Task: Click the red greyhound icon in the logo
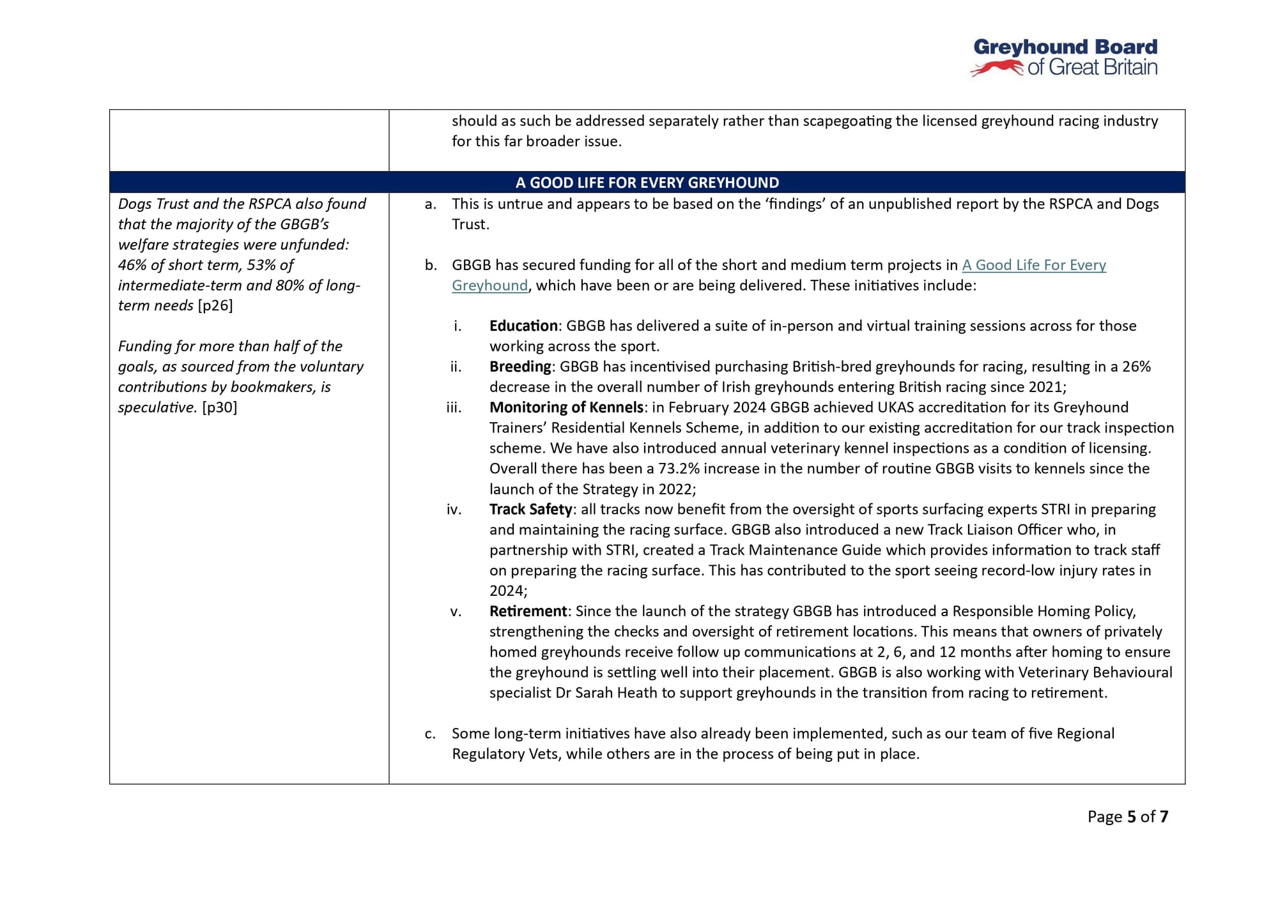click(x=997, y=68)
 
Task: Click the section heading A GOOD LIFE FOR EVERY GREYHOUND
click(x=647, y=183)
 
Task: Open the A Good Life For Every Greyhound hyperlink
click(x=1033, y=265)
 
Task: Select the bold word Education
click(x=523, y=326)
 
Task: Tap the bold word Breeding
click(x=520, y=367)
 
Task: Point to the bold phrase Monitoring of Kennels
click(x=566, y=407)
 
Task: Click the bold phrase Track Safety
click(x=530, y=509)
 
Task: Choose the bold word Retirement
click(x=528, y=611)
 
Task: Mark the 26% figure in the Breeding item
click(x=1136, y=367)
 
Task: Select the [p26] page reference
click(x=215, y=305)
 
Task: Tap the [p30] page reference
click(x=219, y=407)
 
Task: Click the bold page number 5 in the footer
click(x=1132, y=817)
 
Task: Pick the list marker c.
click(x=430, y=734)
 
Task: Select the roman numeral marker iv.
click(x=454, y=509)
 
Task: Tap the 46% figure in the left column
click(x=132, y=265)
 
